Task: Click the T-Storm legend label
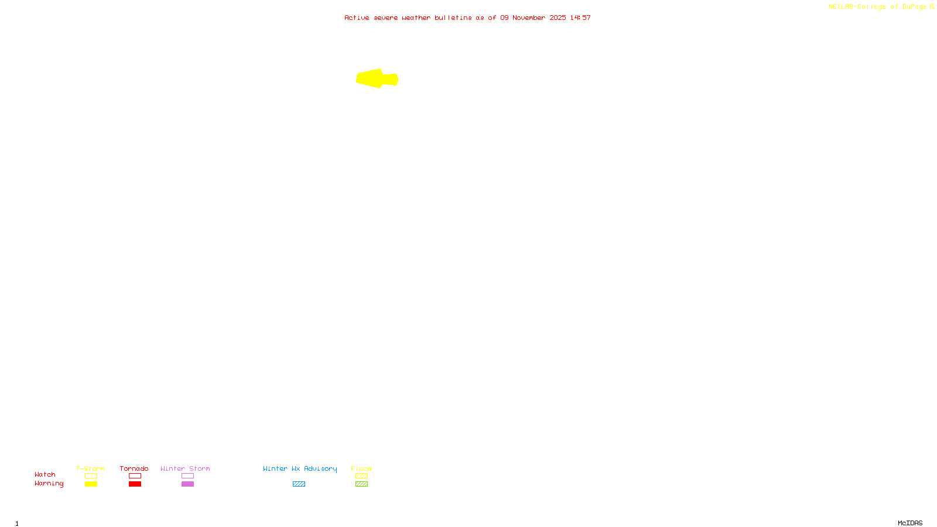tap(90, 468)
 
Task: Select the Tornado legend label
tap(134, 468)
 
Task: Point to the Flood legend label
tap(361, 468)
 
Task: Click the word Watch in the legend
tap(45, 475)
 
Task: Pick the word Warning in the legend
tap(49, 484)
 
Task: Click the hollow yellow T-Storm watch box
tap(91, 476)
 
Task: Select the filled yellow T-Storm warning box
tap(91, 484)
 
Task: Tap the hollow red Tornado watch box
tap(135, 476)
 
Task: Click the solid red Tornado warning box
tap(135, 484)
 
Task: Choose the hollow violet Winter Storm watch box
tap(187, 476)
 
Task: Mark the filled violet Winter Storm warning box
tap(187, 484)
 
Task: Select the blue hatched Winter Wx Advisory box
tap(299, 484)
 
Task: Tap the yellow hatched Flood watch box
tap(361, 476)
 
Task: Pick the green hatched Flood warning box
tap(361, 484)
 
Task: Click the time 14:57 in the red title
tap(580, 18)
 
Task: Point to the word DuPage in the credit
tap(914, 7)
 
